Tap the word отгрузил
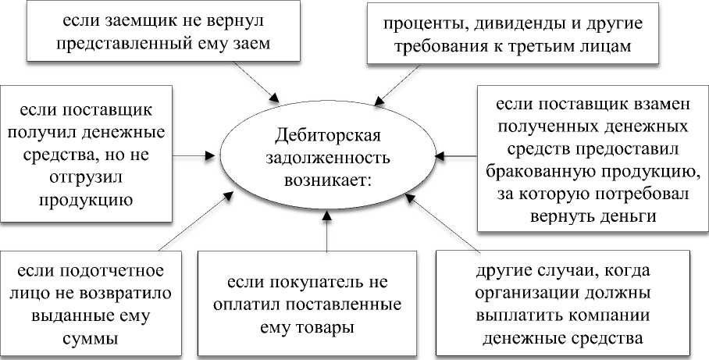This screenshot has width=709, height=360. (76, 177)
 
